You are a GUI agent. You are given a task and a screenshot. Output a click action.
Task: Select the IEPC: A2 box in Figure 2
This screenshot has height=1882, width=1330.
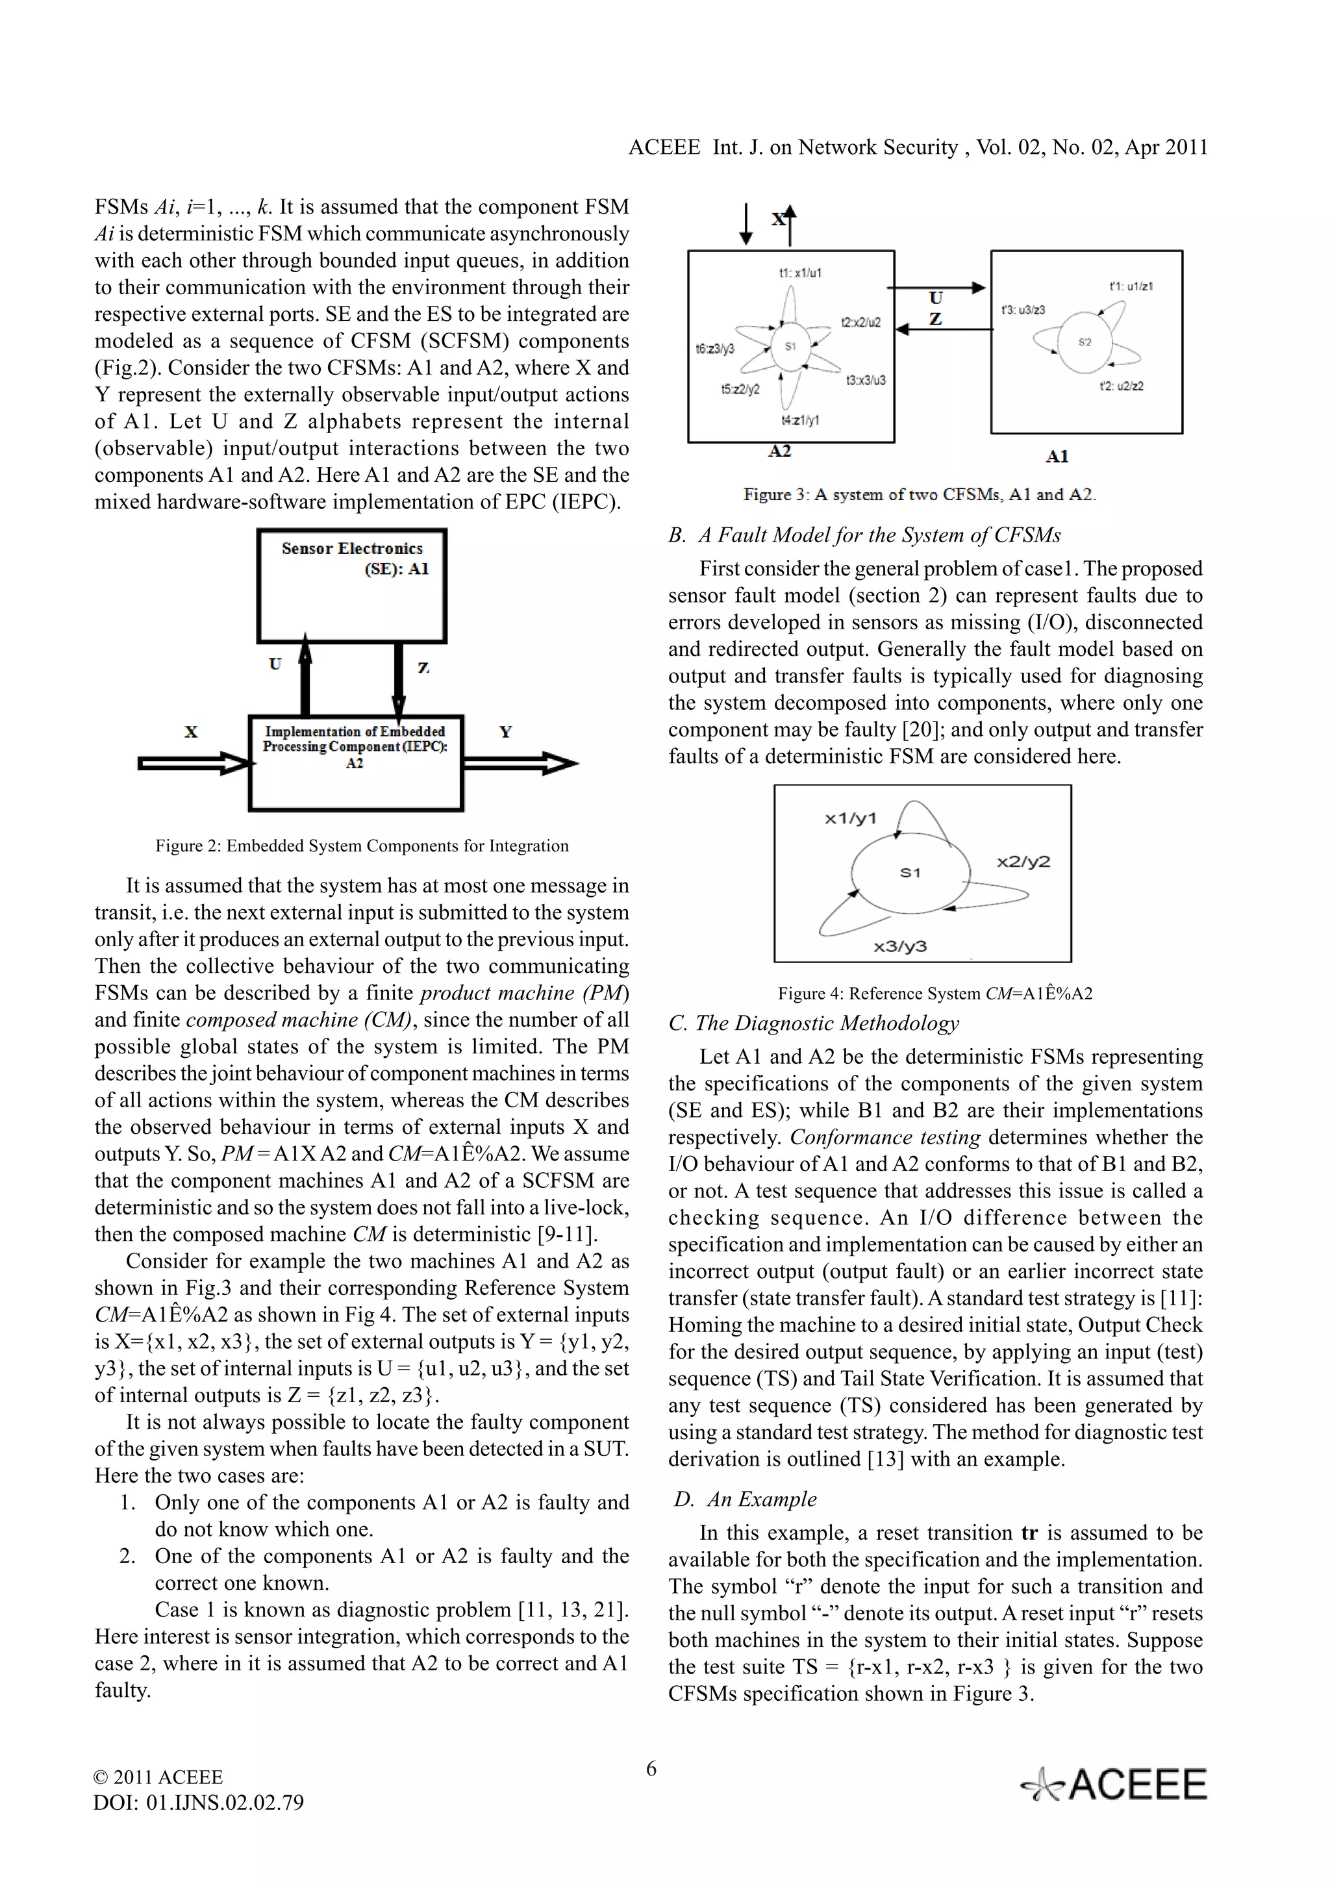click(356, 763)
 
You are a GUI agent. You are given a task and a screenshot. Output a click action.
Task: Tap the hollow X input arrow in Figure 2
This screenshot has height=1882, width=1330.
click(194, 764)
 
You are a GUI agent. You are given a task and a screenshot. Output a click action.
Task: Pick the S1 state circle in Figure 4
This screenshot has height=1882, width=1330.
click(910, 872)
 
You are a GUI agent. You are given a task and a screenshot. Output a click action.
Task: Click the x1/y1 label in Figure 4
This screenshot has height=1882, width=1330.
click(850, 818)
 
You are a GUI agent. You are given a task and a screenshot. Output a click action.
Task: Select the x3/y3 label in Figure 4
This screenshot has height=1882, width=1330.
click(900, 947)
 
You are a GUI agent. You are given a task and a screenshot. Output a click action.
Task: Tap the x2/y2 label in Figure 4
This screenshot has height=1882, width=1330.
click(1023, 862)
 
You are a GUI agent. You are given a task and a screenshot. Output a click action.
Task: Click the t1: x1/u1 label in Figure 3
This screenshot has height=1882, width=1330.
click(800, 273)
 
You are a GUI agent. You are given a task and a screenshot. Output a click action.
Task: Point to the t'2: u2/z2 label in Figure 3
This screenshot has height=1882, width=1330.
click(1121, 386)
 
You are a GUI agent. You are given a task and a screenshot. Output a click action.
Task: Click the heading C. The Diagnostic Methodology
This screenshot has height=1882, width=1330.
click(814, 1023)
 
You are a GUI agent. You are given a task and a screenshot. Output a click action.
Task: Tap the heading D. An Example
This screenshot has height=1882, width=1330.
click(745, 1499)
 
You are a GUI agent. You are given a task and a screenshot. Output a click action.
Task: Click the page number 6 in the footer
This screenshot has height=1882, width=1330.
click(651, 1769)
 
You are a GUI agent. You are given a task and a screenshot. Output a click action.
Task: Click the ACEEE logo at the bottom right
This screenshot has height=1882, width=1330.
click(1114, 1785)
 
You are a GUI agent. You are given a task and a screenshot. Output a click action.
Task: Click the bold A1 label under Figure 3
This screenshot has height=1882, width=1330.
click(1057, 457)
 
